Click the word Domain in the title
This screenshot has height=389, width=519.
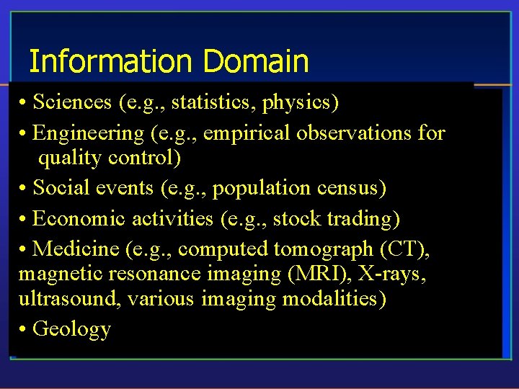(256, 61)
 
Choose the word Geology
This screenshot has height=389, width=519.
(72, 329)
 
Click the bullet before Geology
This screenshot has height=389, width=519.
(24, 329)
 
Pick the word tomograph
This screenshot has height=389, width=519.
(319, 249)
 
